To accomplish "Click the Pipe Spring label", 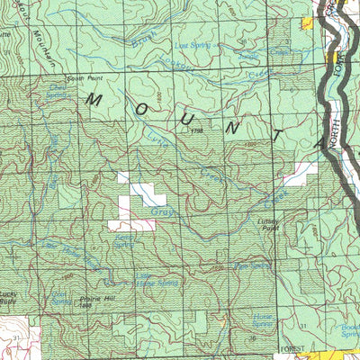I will [x=253, y=265].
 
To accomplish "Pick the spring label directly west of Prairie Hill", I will [x=61, y=298].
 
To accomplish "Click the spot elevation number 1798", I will [x=199, y=131].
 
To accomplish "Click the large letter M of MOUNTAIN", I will [x=93, y=100].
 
